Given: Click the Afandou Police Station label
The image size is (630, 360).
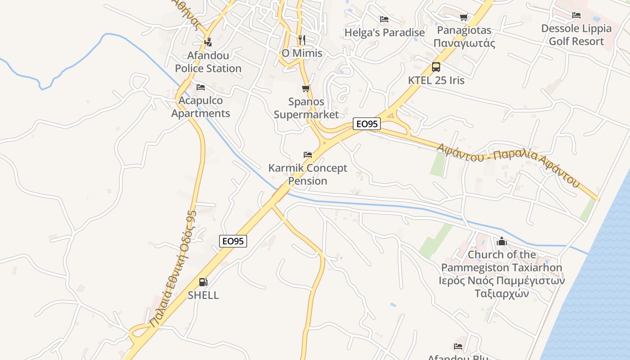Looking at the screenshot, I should [208, 62].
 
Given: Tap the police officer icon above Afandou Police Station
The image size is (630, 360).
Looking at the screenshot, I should [208, 42].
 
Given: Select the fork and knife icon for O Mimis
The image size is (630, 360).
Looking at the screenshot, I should [302, 40].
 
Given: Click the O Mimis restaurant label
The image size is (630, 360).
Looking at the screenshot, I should [302, 53].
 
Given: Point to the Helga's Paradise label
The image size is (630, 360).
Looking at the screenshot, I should [384, 33].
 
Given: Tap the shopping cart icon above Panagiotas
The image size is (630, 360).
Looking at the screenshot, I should [464, 17].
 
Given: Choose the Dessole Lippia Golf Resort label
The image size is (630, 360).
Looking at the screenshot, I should [576, 35].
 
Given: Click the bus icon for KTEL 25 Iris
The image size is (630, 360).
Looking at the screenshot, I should [436, 67].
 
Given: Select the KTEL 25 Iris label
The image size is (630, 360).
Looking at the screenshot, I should [436, 81].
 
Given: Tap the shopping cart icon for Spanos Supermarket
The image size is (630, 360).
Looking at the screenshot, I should [306, 88].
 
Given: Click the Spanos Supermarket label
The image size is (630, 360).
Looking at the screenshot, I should [306, 108].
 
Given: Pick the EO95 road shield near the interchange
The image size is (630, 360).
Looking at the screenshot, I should [367, 124].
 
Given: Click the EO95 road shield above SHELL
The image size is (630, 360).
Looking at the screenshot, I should [233, 241].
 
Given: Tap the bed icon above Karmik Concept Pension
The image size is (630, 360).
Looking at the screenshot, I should [308, 155].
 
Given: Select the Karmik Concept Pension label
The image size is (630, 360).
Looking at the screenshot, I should [308, 174].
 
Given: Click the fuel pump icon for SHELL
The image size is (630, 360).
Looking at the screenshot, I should [203, 282].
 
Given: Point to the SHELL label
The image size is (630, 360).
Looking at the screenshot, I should [203, 295].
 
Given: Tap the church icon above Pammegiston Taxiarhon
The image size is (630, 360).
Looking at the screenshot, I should [502, 242].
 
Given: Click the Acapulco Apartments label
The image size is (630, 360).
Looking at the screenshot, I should [201, 107].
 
